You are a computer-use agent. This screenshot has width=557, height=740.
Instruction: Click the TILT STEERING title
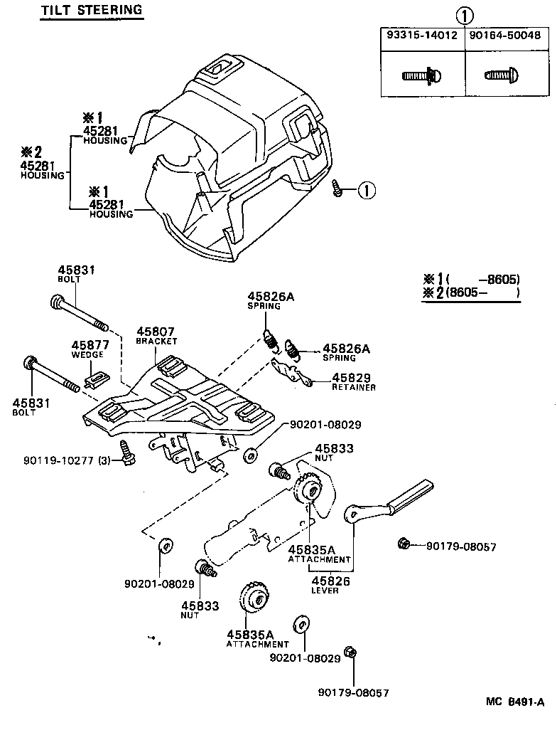click(x=91, y=11)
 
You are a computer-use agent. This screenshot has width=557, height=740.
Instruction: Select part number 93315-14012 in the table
click(x=422, y=36)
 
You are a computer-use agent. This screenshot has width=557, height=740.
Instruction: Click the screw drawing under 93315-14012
click(x=422, y=74)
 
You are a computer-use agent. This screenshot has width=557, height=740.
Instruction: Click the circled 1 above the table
click(x=464, y=15)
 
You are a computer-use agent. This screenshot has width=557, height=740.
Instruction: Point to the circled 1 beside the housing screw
click(x=366, y=190)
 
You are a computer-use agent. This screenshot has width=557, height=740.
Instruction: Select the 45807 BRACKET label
click(x=156, y=335)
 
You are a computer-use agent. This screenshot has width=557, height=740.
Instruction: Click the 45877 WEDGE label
click(x=88, y=349)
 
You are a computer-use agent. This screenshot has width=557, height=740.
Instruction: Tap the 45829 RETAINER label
click(x=353, y=381)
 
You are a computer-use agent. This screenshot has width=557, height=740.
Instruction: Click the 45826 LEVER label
click(x=324, y=585)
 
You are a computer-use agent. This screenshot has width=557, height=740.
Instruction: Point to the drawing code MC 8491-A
click(x=515, y=702)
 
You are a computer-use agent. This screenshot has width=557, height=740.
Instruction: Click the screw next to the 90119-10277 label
click(x=128, y=453)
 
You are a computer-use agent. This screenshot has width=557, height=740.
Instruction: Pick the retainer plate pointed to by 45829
click(x=291, y=372)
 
